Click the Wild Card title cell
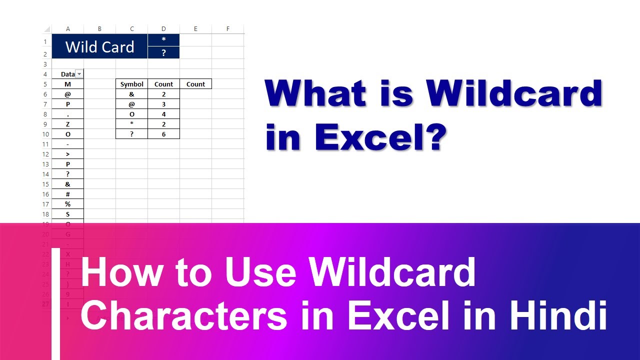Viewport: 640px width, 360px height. point(99,46)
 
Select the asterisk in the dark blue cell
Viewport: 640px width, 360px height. point(163,40)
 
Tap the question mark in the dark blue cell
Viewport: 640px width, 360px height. point(163,52)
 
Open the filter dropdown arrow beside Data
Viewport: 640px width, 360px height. point(79,74)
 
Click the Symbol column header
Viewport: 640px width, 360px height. point(131,84)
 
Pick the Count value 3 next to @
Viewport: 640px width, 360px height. point(163,104)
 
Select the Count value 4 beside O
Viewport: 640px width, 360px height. point(163,114)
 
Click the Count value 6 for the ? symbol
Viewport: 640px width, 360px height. point(163,134)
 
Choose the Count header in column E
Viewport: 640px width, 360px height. point(195,84)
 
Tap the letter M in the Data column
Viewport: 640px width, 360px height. point(68,84)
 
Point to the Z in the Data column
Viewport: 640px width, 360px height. point(68,124)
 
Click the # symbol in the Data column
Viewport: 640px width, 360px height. point(68,194)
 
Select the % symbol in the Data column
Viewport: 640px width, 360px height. point(68,204)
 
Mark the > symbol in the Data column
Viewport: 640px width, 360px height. point(68,154)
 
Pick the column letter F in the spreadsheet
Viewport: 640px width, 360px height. point(227,29)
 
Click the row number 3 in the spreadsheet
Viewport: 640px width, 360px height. point(45,64)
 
